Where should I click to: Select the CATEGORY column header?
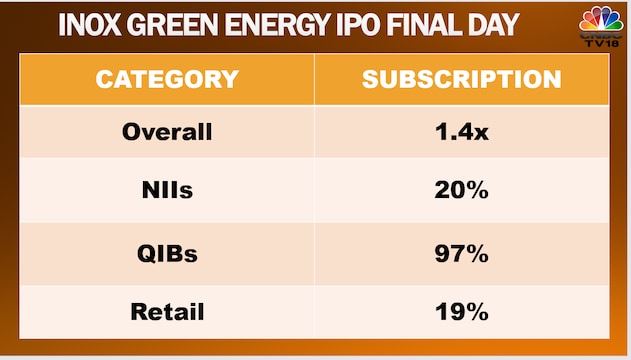[x=167, y=80]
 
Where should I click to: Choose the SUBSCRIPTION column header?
[x=461, y=80]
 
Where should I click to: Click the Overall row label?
[x=167, y=132]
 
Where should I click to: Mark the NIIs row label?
[x=167, y=191]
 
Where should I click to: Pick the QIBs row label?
[x=167, y=253]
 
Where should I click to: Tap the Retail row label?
[x=167, y=312]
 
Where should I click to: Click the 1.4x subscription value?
[x=461, y=132]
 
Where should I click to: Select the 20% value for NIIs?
[x=461, y=191]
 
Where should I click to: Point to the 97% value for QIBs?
[x=461, y=253]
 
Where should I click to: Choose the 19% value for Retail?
[x=461, y=312]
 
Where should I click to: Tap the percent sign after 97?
[x=478, y=253]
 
